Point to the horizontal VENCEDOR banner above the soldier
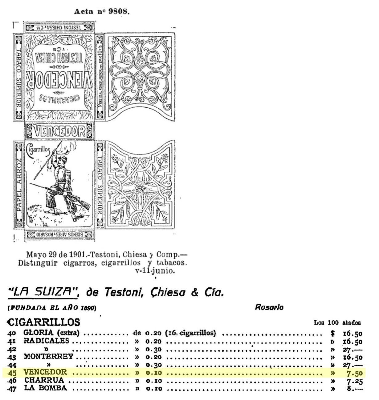[59, 131]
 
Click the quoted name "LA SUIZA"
[42, 291]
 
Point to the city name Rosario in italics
[269, 307]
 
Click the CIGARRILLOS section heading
[43, 322]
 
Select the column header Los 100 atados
[337, 323]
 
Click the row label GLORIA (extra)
[51, 333]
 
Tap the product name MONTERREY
[49, 357]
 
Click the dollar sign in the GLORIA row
[332, 333]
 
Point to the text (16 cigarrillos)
[190, 333]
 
